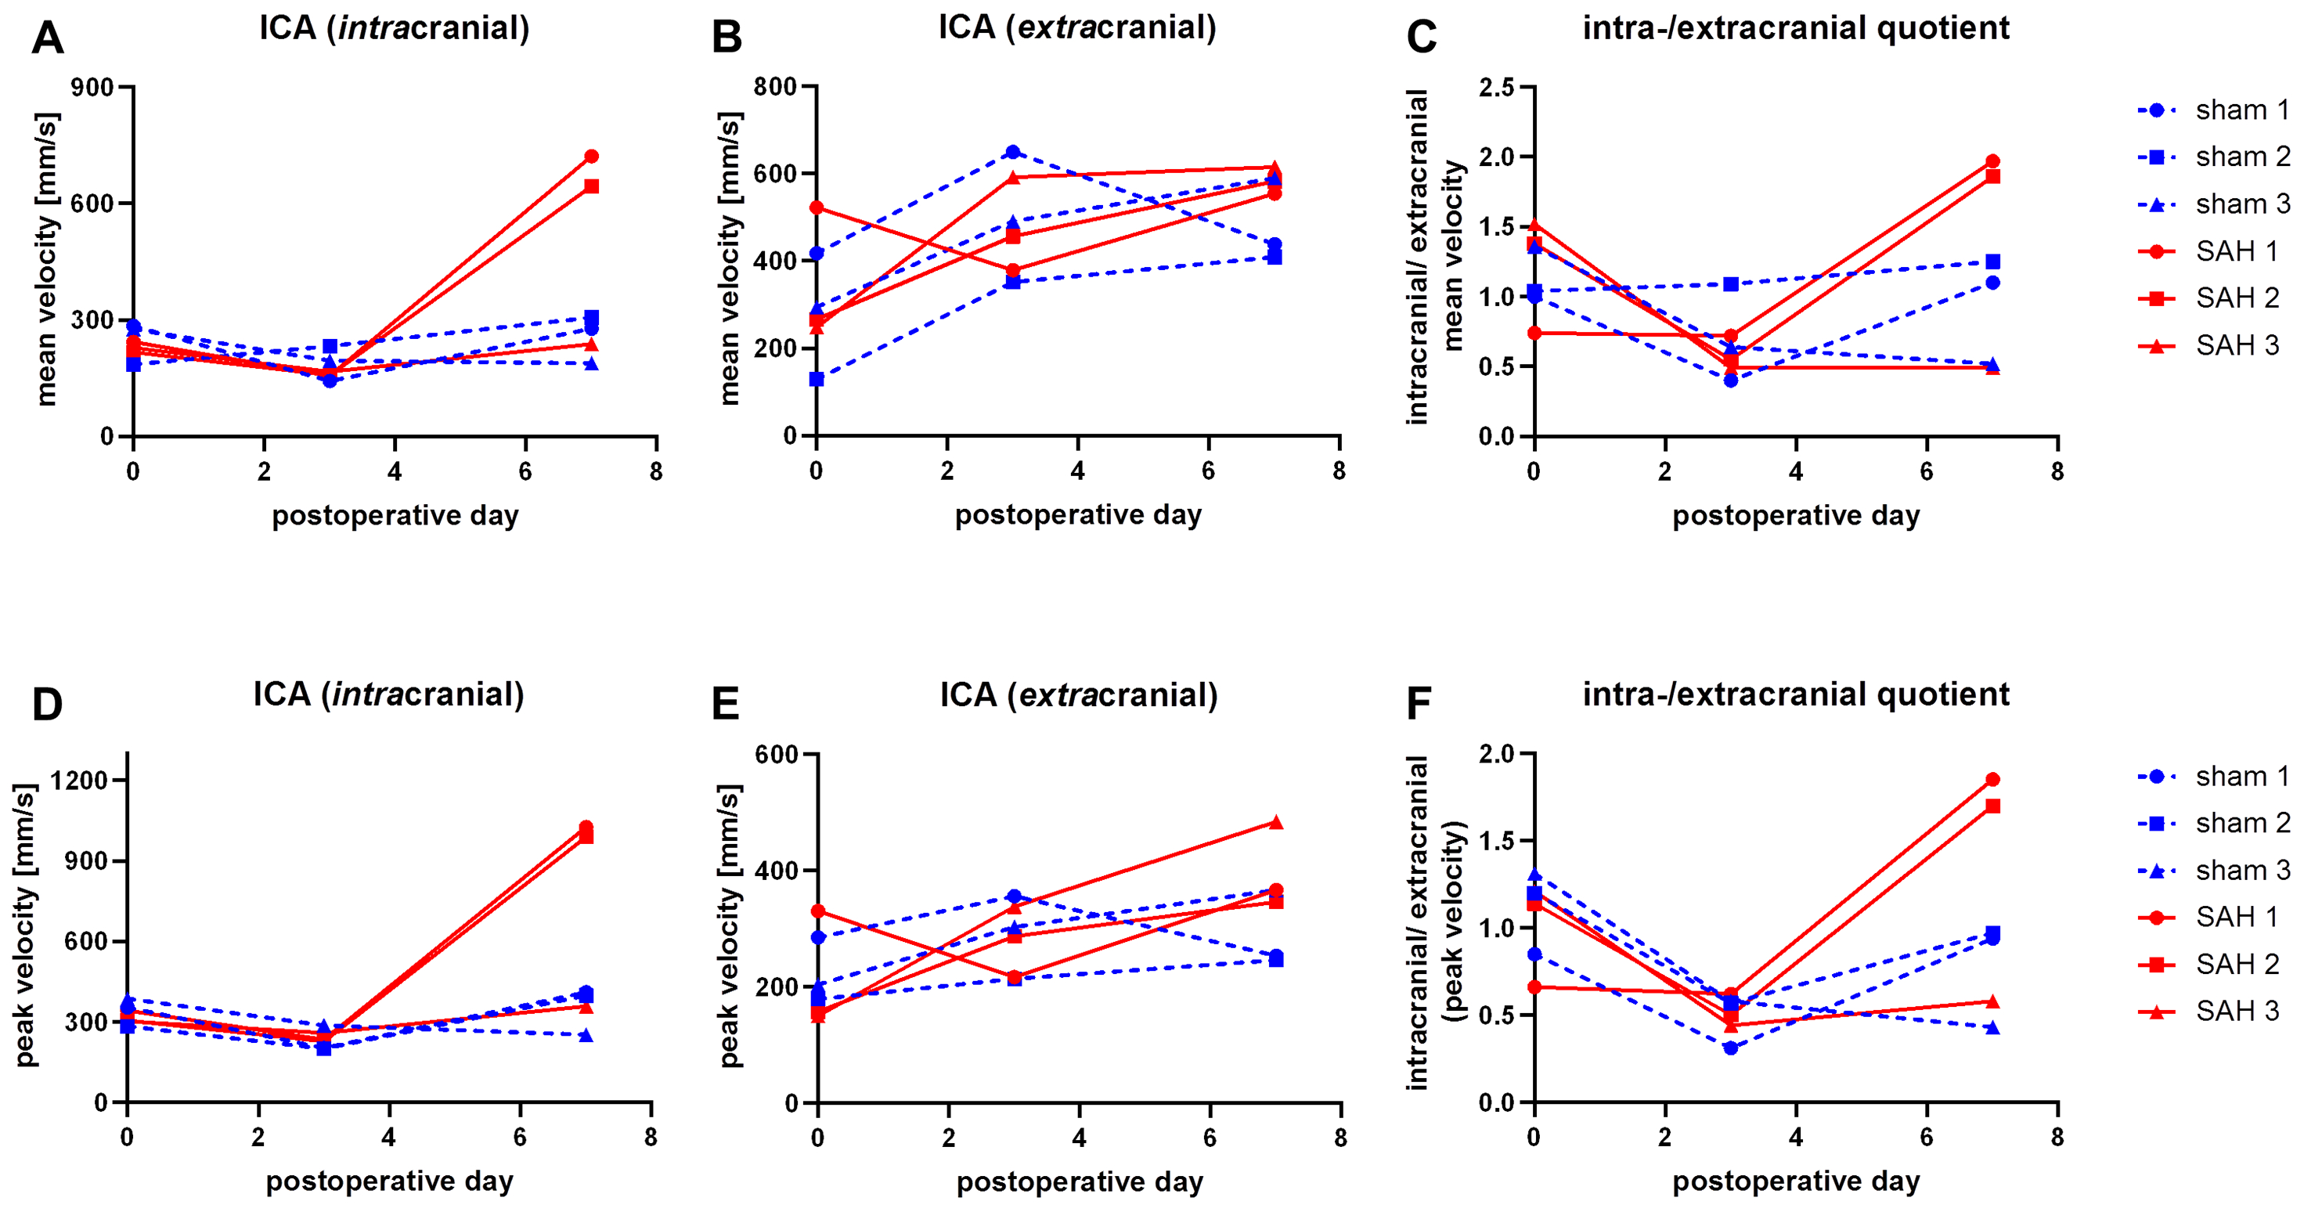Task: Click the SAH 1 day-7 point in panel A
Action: tap(591, 157)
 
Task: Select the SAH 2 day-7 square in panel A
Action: tap(591, 186)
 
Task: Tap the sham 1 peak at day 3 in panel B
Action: tap(1012, 152)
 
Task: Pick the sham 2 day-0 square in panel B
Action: tap(817, 379)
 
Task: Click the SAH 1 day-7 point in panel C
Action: tap(1992, 162)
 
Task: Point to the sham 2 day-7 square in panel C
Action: tap(1992, 262)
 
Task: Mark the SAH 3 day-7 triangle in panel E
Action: tap(1276, 823)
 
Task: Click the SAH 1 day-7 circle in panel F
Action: tap(1992, 780)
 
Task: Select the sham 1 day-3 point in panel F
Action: tap(1731, 1048)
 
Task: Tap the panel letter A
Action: tap(48, 38)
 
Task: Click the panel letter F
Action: tap(1419, 705)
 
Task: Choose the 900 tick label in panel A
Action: tap(93, 88)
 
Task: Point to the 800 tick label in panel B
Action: tap(774, 87)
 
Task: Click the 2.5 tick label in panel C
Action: tap(1496, 88)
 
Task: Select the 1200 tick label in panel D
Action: tap(79, 780)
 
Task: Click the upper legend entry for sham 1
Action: tap(2241, 110)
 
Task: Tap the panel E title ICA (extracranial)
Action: tap(1079, 695)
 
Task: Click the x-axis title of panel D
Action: tap(390, 1181)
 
